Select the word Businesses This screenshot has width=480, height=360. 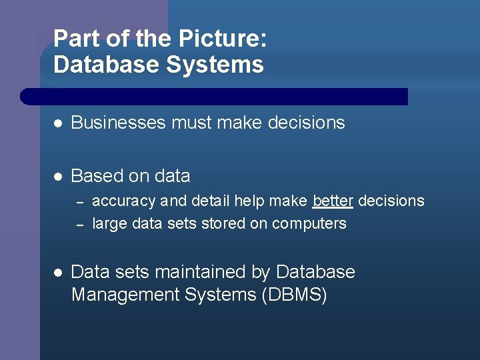(119, 123)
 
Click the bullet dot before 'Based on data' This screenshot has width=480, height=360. (58, 176)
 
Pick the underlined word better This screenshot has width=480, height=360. (333, 201)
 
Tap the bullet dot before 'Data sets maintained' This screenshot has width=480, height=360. (58, 272)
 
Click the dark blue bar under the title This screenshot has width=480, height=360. (213, 97)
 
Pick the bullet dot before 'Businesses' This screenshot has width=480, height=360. (58, 123)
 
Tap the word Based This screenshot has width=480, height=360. (92, 176)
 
